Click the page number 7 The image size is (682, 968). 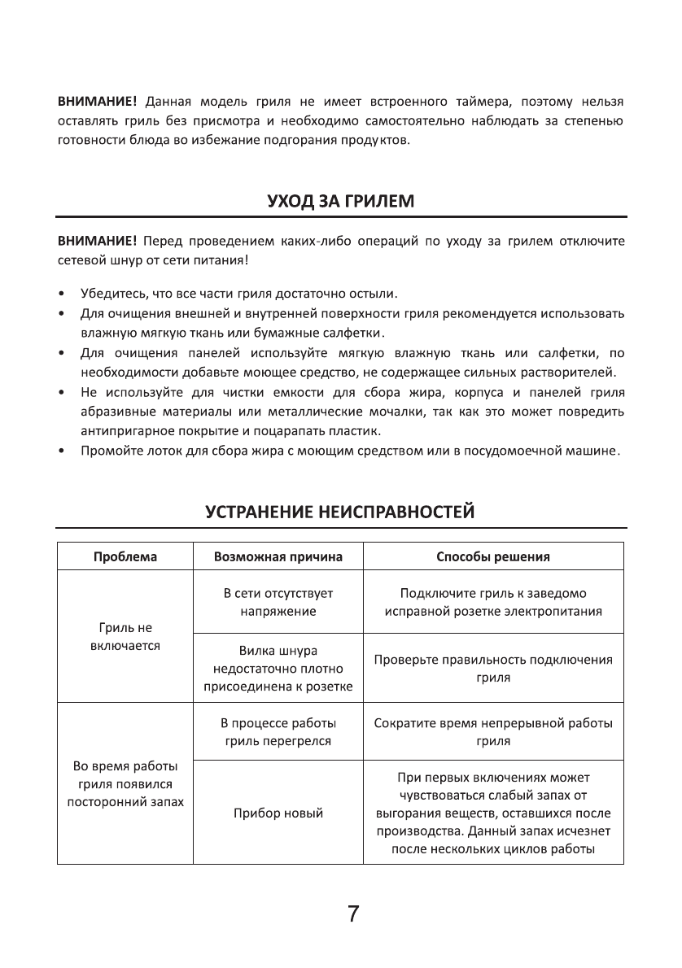(x=352, y=913)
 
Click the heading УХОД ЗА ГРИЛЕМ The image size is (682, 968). (x=340, y=200)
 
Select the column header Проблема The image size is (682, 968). (x=125, y=557)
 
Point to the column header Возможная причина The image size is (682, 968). (x=278, y=557)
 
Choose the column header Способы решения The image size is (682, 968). (x=493, y=557)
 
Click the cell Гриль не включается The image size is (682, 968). (x=125, y=636)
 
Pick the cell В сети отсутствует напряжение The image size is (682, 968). (x=278, y=602)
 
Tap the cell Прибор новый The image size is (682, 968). (x=278, y=813)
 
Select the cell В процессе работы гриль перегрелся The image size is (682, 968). (x=278, y=731)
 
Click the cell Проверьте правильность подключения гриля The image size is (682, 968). (x=493, y=668)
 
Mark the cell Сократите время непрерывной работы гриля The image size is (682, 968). (x=493, y=731)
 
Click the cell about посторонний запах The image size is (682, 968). (x=125, y=784)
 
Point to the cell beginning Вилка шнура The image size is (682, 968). (x=278, y=668)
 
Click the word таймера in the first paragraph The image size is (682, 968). (x=475, y=102)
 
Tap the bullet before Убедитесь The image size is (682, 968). (x=62, y=293)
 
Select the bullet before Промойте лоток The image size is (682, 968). (x=62, y=450)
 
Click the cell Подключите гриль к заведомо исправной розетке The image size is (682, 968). (x=493, y=602)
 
